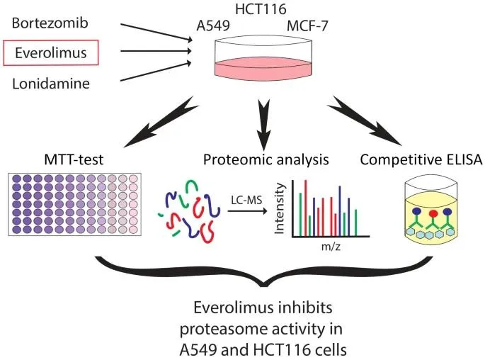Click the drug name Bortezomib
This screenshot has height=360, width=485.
pyautogui.click(x=50, y=23)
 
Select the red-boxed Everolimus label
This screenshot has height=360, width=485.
pyautogui.click(x=51, y=52)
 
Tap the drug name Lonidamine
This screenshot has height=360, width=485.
pyautogui.click(x=51, y=84)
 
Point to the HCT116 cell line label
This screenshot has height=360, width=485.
pyautogui.click(x=261, y=9)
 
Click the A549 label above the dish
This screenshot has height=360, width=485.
pyautogui.click(x=213, y=26)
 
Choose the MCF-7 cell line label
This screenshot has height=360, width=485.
pyautogui.click(x=307, y=26)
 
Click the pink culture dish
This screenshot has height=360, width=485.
pyautogui.click(x=263, y=56)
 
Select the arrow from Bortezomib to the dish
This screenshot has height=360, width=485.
pyautogui.click(x=156, y=32)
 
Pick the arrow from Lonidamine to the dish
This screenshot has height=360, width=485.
pyautogui.click(x=156, y=72)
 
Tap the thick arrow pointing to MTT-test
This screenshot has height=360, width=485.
pyautogui.click(x=161, y=123)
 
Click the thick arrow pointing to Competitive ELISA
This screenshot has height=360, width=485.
pyautogui.click(x=365, y=120)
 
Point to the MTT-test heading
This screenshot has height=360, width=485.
pyautogui.click(x=74, y=159)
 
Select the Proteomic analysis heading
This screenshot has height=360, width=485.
pyautogui.click(x=266, y=160)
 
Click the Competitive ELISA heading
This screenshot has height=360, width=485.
pyautogui.click(x=421, y=159)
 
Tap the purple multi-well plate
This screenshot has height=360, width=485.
pyautogui.click(x=74, y=204)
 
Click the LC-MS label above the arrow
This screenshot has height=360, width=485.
pyautogui.click(x=246, y=201)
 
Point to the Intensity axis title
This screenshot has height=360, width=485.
pyautogui.click(x=279, y=208)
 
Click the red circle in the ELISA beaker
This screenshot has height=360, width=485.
pyautogui.click(x=433, y=213)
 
